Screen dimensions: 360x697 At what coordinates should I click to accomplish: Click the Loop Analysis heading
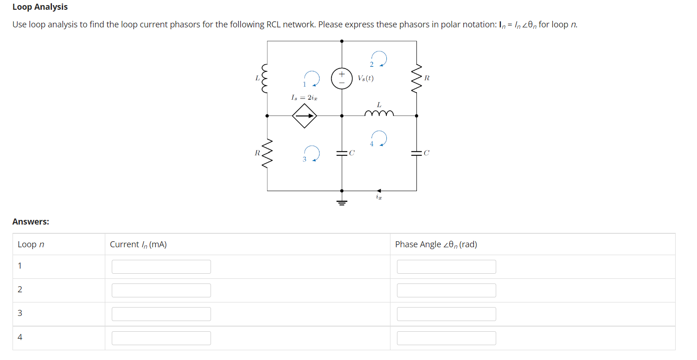pyautogui.click(x=40, y=7)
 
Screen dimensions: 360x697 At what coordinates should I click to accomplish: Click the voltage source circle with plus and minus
pyautogui.click(x=341, y=78)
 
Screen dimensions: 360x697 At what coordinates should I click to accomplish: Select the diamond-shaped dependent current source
pyautogui.click(x=304, y=116)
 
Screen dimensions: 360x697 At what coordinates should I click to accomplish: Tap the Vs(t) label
pyautogui.click(x=365, y=78)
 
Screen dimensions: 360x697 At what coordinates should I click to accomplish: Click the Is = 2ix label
pyautogui.click(x=304, y=97)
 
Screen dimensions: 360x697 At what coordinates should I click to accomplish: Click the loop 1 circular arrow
pyautogui.click(x=312, y=78)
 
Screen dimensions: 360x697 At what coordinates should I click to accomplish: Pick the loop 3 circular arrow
pyautogui.click(x=312, y=153)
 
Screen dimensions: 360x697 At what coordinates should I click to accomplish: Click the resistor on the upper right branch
pyautogui.click(x=416, y=78)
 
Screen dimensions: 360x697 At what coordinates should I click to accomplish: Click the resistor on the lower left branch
pyautogui.click(x=267, y=153)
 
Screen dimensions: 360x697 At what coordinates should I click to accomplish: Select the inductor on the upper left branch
pyautogui.click(x=266, y=78)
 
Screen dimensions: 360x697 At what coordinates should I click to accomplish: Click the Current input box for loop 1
pyautogui.click(x=161, y=267)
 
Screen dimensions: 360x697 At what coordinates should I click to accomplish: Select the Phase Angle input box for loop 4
pyautogui.click(x=446, y=338)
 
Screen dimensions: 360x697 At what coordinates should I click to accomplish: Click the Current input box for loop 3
pyautogui.click(x=161, y=314)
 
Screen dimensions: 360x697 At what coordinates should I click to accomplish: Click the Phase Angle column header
pyautogui.click(x=436, y=244)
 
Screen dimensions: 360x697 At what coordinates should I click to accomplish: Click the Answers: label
pyautogui.click(x=31, y=222)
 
